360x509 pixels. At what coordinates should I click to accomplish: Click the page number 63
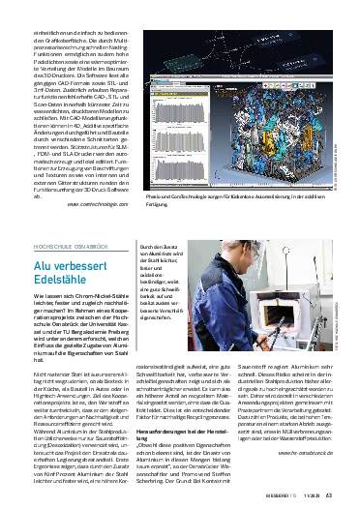(x=329, y=496)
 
